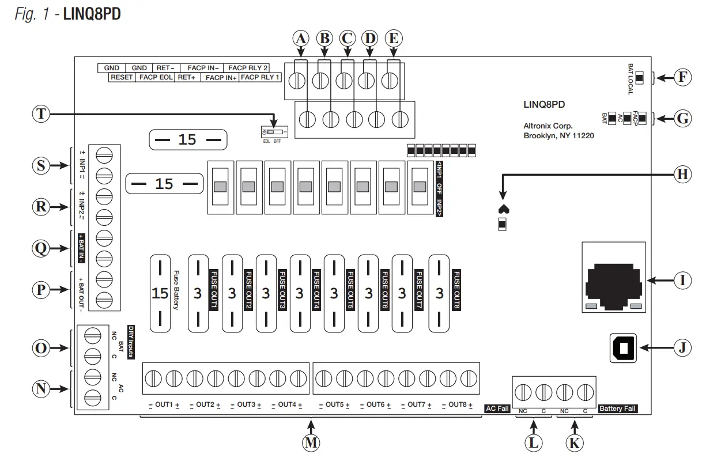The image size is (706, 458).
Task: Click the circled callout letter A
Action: pyautogui.click(x=300, y=39)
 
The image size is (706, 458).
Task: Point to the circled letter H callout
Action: pyautogui.click(x=682, y=174)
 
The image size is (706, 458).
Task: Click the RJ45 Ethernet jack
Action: pyautogui.click(x=614, y=279)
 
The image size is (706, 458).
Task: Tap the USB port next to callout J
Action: pyautogui.click(x=622, y=348)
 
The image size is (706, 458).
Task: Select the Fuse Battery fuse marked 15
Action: pyautogui.click(x=160, y=294)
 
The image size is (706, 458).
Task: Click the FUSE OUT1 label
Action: pyautogui.click(x=213, y=290)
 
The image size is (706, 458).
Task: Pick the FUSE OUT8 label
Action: pyautogui.click(x=456, y=290)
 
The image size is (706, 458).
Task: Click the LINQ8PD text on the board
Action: pyautogui.click(x=544, y=105)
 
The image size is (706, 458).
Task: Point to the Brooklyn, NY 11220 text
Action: pyautogui.click(x=558, y=136)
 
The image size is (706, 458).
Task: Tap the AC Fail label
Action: pyautogui.click(x=497, y=408)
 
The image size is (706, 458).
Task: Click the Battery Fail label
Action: pyautogui.click(x=618, y=408)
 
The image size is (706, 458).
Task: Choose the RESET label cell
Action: pyautogui.click(x=122, y=77)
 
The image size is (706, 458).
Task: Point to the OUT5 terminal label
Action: pyautogui.click(x=334, y=404)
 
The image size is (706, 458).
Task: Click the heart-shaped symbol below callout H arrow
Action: pyautogui.click(x=502, y=209)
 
